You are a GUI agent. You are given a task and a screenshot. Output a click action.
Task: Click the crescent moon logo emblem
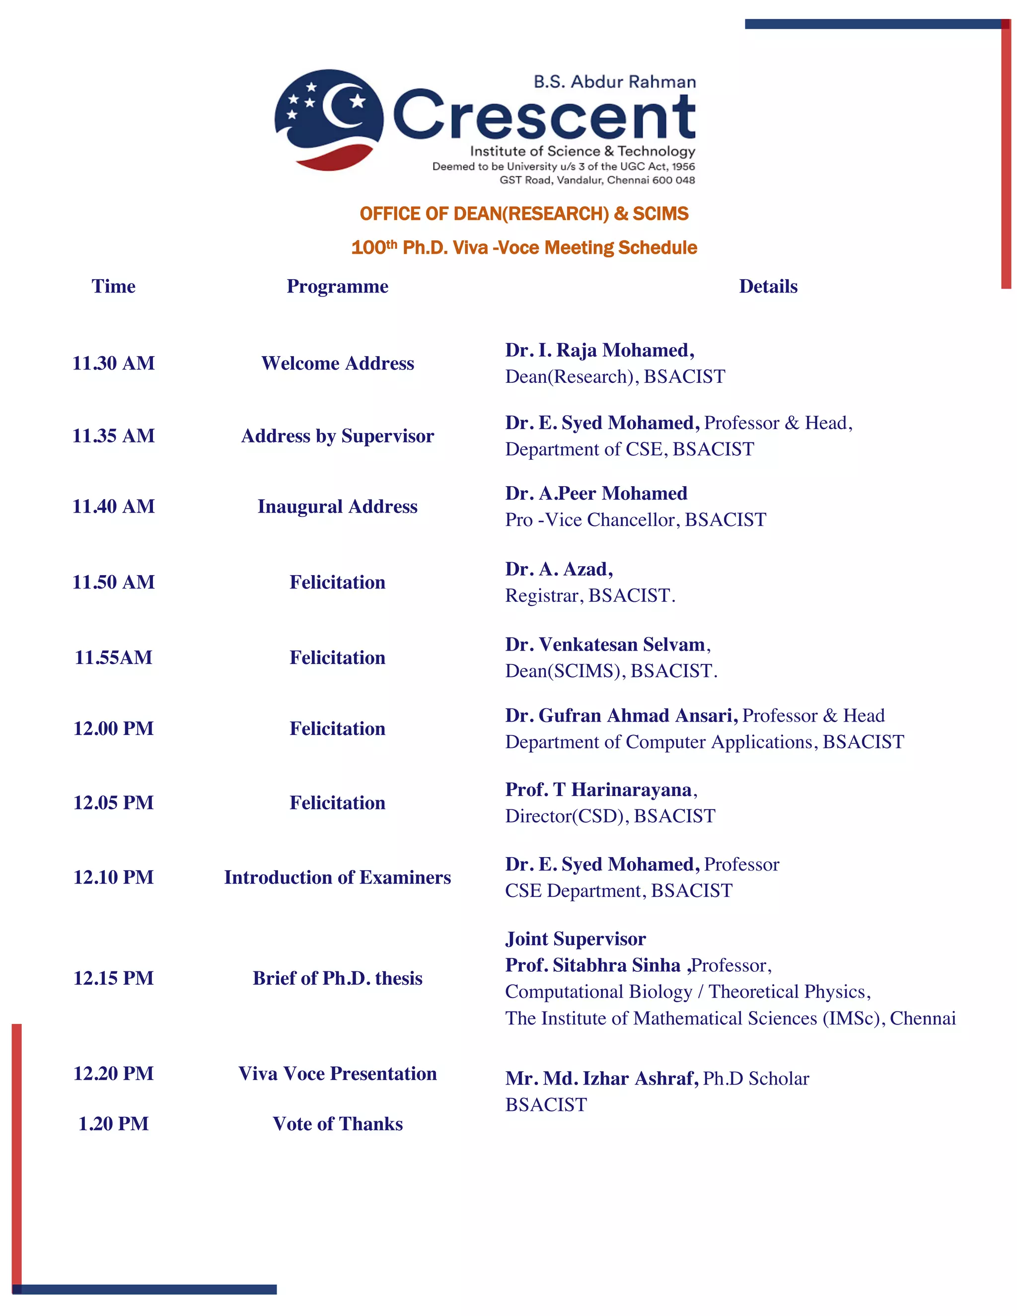(x=329, y=119)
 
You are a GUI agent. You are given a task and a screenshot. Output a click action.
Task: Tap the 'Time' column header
(x=113, y=286)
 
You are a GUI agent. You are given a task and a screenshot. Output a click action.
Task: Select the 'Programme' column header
(x=337, y=286)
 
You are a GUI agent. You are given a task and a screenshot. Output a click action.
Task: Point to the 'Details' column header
(x=768, y=286)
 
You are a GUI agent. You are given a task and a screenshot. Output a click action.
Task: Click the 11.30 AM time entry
(x=113, y=364)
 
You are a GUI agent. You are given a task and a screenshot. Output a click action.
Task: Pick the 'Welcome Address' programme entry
(x=337, y=364)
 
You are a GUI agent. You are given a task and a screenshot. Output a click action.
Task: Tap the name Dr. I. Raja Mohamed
(x=599, y=350)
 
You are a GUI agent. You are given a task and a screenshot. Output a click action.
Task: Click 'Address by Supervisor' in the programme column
(x=337, y=436)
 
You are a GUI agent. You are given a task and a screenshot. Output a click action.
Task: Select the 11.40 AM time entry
(x=113, y=506)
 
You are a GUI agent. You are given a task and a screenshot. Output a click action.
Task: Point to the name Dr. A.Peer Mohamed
(x=596, y=494)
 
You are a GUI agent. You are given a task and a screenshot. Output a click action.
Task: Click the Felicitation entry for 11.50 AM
(x=337, y=582)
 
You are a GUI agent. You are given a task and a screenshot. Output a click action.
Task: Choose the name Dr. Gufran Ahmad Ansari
(x=621, y=715)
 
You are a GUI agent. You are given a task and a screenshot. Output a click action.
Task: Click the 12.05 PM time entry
(x=113, y=803)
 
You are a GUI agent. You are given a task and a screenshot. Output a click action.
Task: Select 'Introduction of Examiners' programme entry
(x=337, y=877)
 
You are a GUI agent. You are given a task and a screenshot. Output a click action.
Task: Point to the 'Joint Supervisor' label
(x=576, y=939)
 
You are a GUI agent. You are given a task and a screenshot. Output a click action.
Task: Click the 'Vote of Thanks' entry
(x=337, y=1124)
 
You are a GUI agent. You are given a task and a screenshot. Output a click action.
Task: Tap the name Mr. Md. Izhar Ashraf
(x=601, y=1078)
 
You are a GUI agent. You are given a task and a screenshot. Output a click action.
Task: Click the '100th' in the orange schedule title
(x=373, y=248)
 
